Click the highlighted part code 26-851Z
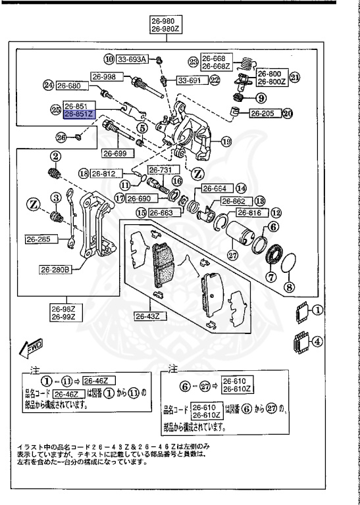coord(79,113)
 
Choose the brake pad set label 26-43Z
coord(149,316)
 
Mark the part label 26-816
coord(251,213)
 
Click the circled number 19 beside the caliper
coord(226,141)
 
